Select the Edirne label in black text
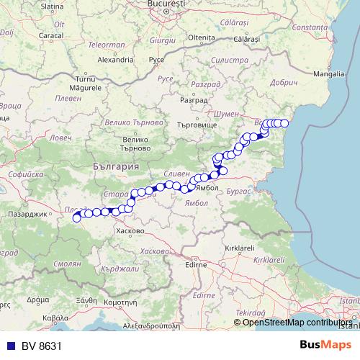[x=196, y=264]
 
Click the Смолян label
[x=67, y=264]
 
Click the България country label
[x=115, y=166]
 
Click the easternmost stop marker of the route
[x=284, y=123]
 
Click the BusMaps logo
[x=325, y=345]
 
